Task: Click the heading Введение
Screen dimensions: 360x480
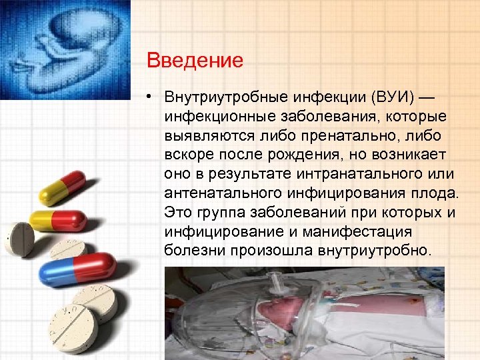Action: click(195, 61)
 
